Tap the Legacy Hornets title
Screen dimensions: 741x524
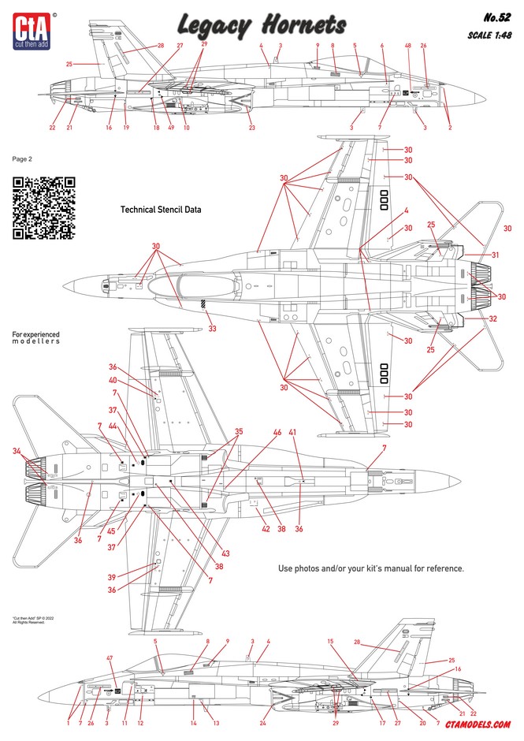(261, 25)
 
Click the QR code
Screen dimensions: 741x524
(44, 207)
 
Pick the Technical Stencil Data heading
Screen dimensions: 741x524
(161, 210)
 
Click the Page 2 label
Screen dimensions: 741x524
(23, 158)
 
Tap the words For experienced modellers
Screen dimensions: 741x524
(35, 338)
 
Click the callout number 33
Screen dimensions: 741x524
(212, 329)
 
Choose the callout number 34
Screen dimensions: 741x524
(18, 450)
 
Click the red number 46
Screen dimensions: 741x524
(277, 433)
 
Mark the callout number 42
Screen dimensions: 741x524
(265, 529)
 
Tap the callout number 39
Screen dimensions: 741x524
(113, 578)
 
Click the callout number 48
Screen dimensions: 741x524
(408, 46)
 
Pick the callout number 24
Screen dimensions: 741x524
(263, 723)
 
